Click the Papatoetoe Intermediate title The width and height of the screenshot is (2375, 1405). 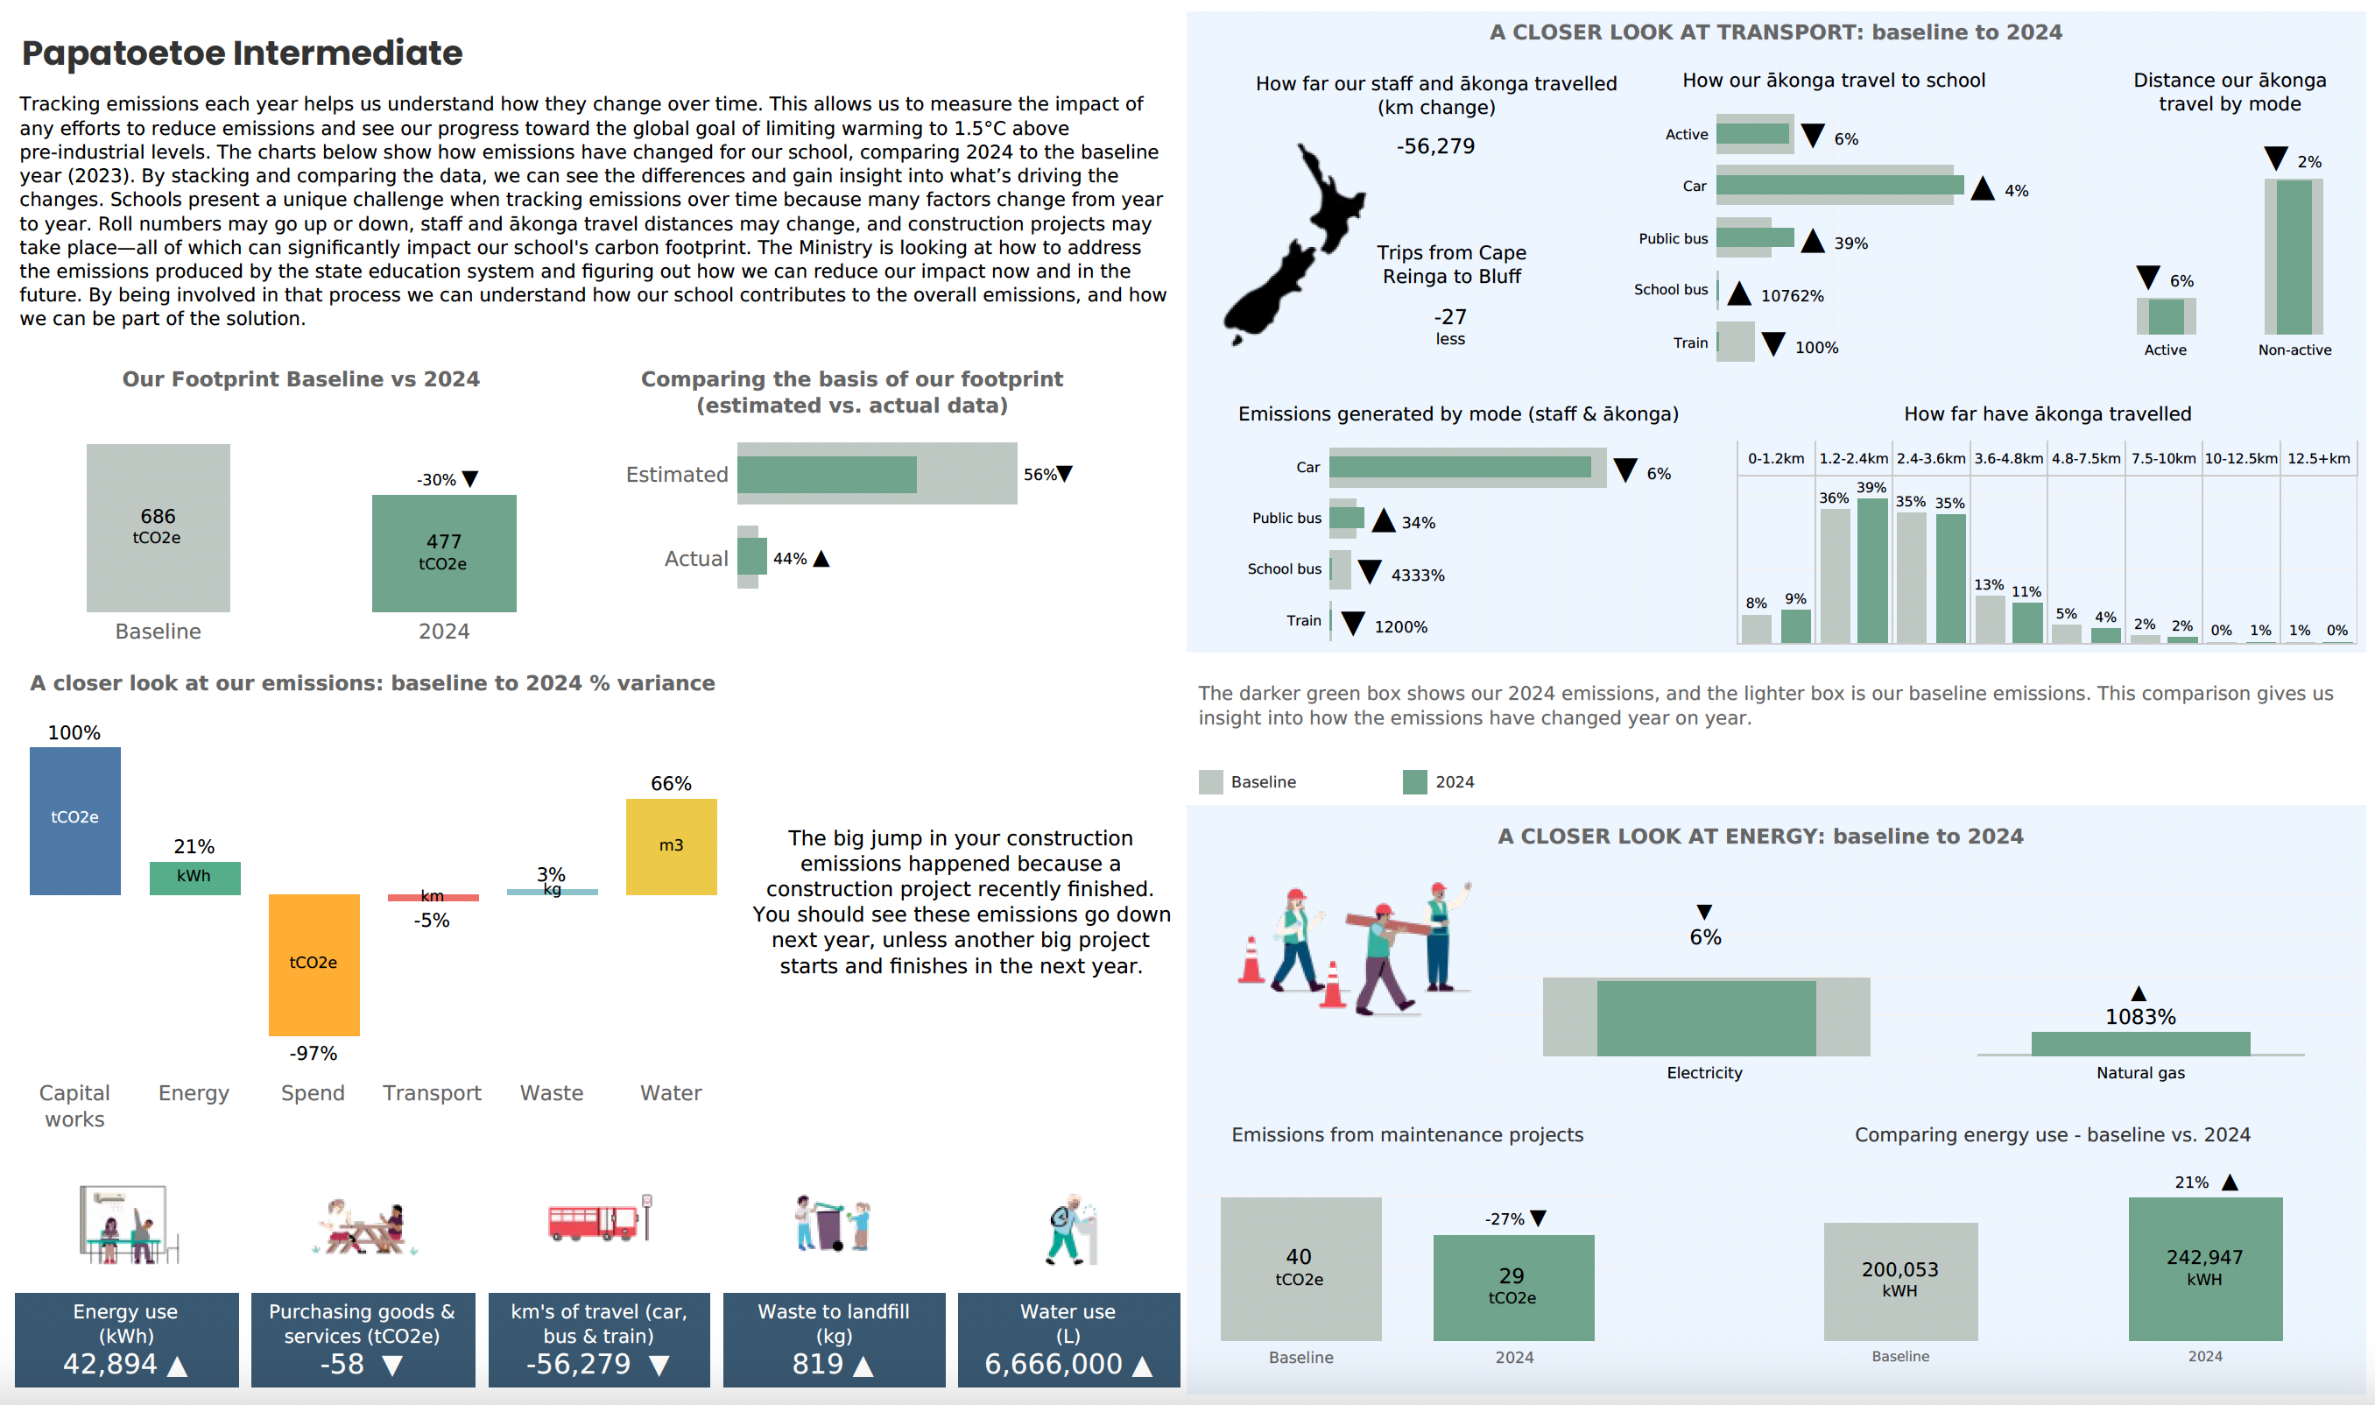[242, 53]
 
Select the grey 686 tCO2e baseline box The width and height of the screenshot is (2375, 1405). [159, 526]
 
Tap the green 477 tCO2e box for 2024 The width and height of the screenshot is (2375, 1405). [443, 552]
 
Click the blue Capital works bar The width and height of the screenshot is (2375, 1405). [74, 820]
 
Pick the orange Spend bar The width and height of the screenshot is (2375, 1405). [314, 964]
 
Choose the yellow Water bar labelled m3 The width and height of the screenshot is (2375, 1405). [670, 845]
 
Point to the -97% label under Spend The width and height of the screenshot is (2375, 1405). [314, 1053]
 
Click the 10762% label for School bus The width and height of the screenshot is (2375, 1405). [1791, 295]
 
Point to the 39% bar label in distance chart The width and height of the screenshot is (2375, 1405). [1871, 488]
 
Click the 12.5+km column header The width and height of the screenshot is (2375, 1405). [2317, 458]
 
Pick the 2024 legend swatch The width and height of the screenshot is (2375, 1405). [1414, 782]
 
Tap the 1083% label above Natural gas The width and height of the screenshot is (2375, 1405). [2139, 1017]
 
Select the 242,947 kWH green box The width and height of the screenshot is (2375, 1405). [2203, 1267]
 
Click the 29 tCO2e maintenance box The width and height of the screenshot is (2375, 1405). [1512, 1286]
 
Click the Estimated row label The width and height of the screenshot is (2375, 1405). [677, 475]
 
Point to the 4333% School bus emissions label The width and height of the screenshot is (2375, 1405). [1417, 575]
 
